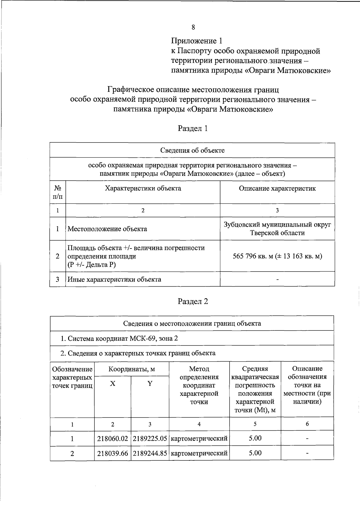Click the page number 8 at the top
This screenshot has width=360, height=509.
193,27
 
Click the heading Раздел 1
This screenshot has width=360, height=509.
193,128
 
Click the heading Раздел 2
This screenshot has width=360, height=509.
193,301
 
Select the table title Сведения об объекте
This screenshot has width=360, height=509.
192,150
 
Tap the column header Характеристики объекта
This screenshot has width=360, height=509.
143,188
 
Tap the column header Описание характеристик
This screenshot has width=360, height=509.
277,188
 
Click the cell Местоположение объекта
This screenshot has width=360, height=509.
107,229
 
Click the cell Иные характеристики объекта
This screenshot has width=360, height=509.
114,279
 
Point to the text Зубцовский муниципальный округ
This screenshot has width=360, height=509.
277,224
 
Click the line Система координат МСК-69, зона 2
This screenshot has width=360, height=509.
119,338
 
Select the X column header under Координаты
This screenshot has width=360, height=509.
112,384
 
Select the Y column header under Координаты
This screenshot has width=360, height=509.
150,384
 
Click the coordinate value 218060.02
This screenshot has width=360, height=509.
112,438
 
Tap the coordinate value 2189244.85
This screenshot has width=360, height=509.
150,453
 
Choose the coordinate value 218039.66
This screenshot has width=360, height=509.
112,453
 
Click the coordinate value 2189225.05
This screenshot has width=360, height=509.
150,438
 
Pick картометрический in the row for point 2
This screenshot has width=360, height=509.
199,453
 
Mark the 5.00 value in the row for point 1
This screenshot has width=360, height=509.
255,438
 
